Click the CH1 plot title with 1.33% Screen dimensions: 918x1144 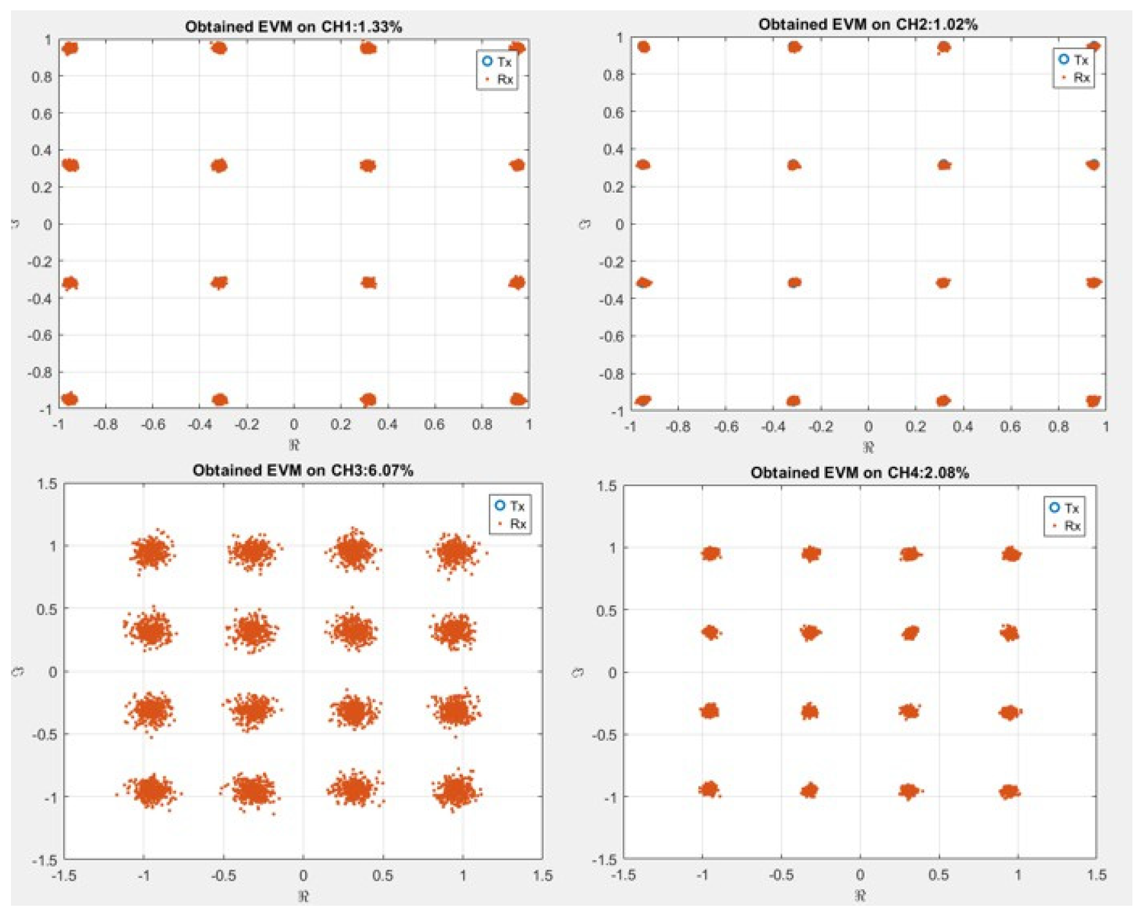[293, 26]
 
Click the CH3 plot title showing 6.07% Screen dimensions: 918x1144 [302, 470]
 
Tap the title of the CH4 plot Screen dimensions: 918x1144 [859, 473]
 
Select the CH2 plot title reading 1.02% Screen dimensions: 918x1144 [867, 24]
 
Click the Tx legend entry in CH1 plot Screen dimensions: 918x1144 [497, 62]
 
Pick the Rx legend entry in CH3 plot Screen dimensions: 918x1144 [510, 523]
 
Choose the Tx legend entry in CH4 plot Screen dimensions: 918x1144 [1065, 508]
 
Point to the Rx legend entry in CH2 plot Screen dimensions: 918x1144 [1074, 77]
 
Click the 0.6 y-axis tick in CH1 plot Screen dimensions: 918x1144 [42, 113]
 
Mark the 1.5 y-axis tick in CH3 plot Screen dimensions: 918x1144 [47, 483]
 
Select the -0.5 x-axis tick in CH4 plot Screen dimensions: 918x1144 [781, 875]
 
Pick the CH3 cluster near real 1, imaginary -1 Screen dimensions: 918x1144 [455, 790]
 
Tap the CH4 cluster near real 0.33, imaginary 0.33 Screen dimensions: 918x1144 [910, 633]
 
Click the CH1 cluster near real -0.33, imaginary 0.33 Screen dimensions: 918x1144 [219, 166]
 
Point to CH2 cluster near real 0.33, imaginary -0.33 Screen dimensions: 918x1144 [943, 282]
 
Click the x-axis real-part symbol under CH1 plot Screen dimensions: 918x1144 [294, 444]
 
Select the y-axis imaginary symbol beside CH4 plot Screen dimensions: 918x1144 [578, 672]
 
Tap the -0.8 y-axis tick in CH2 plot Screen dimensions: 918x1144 [611, 374]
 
